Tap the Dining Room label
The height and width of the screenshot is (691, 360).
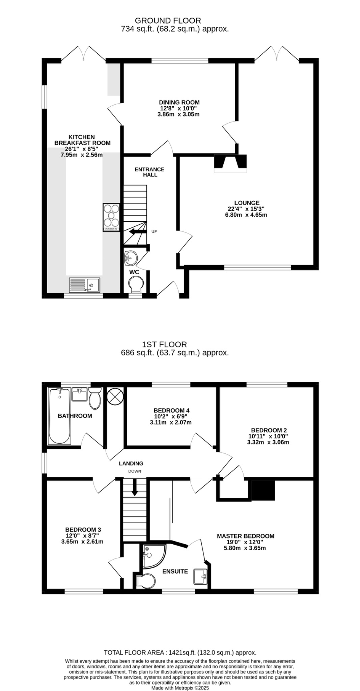[179, 102]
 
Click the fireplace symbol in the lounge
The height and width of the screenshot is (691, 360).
[230, 162]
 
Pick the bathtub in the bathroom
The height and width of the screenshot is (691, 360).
[60, 416]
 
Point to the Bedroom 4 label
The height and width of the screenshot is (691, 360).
[171, 410]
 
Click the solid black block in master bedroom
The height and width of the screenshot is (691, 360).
[263, 490]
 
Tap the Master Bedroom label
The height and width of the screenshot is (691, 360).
[245, 536]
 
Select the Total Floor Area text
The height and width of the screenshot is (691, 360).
[180, 653]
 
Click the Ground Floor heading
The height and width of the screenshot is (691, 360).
[168, 21]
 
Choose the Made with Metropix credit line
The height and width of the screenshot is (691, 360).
[180, 688]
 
